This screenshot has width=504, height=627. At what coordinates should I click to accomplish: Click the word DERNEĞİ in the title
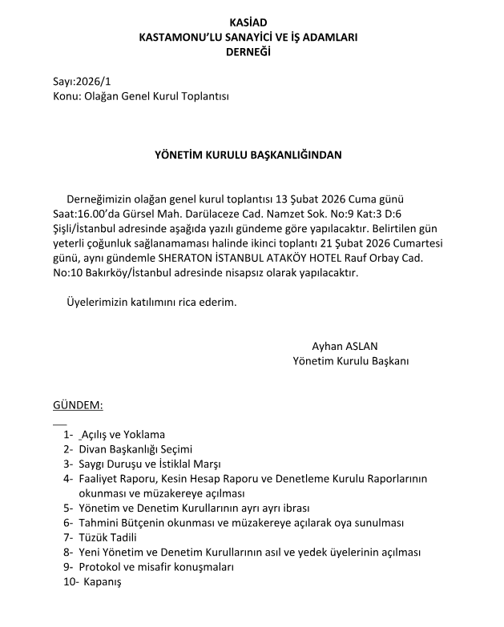coord(250,51)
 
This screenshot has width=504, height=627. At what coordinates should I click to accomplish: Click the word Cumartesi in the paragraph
coord(421,243)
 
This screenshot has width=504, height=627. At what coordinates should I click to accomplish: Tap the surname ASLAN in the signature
coord(361,347)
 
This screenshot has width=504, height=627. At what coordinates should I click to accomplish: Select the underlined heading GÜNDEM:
coord(78,406)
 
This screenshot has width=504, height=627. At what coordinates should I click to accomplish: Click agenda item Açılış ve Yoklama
coord(119,435)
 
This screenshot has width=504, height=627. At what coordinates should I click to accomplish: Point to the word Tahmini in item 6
coord(99,522)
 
